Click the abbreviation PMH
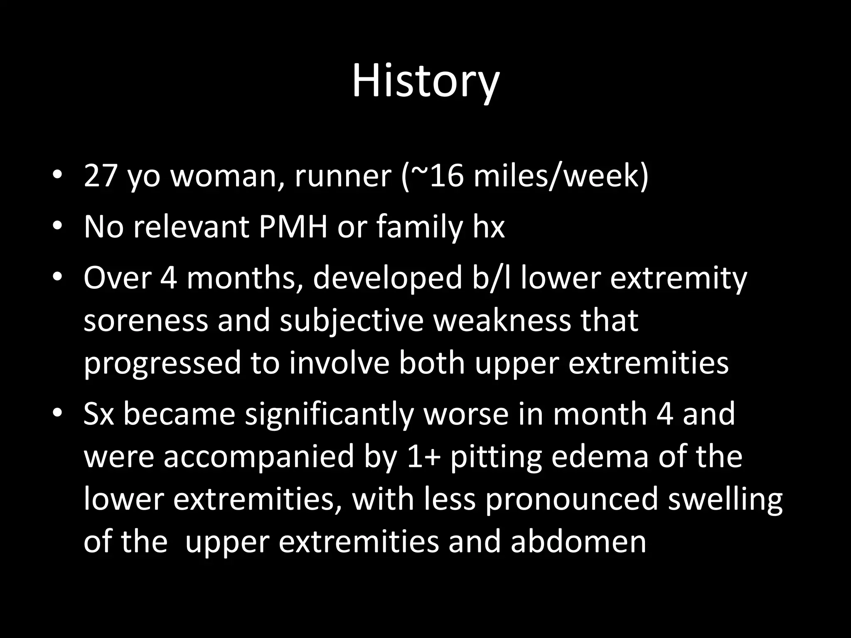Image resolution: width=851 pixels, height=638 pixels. (x=293, y=227)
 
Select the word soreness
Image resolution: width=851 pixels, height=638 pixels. (x=145, y=321)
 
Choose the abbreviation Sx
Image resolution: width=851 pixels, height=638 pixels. (x=99, y=415)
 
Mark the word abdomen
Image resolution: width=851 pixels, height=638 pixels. (x=578, y=542)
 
